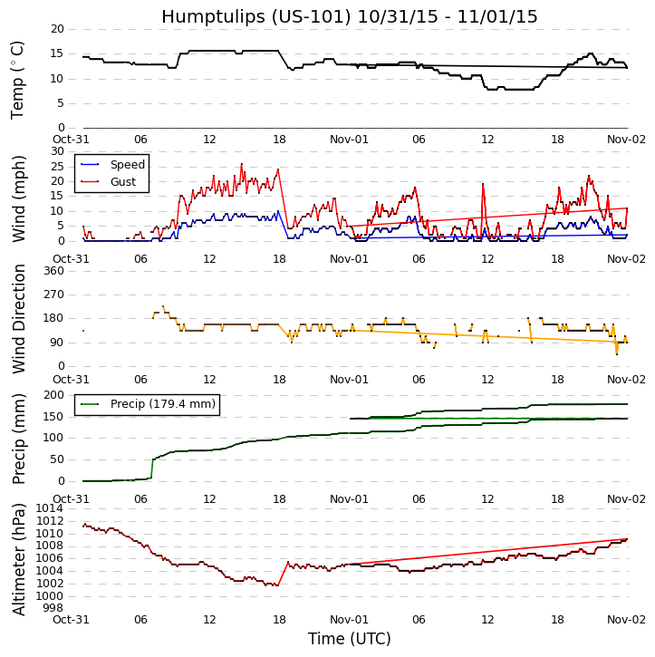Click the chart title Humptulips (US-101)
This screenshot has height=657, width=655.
click(349, 16)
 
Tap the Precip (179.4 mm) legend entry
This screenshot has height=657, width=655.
click(162, 404)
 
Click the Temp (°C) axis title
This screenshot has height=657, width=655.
click(18, 79)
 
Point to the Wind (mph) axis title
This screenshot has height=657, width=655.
click(18, 196)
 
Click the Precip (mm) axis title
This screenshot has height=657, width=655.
click(18, 438)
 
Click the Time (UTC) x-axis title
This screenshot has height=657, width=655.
click(349, 639)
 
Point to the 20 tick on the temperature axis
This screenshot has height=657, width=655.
click(56, 29)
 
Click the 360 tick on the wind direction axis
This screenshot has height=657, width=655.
click(53, 271)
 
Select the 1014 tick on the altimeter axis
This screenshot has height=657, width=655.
click(49, 508)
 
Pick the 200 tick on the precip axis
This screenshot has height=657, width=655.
click(53, 395)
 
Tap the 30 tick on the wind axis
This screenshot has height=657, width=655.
click(56, 151)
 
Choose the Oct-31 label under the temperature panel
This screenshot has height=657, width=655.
click(82, 140)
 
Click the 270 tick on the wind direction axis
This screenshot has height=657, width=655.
click(53, 295)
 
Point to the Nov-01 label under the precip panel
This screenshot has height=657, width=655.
click(350, 498)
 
